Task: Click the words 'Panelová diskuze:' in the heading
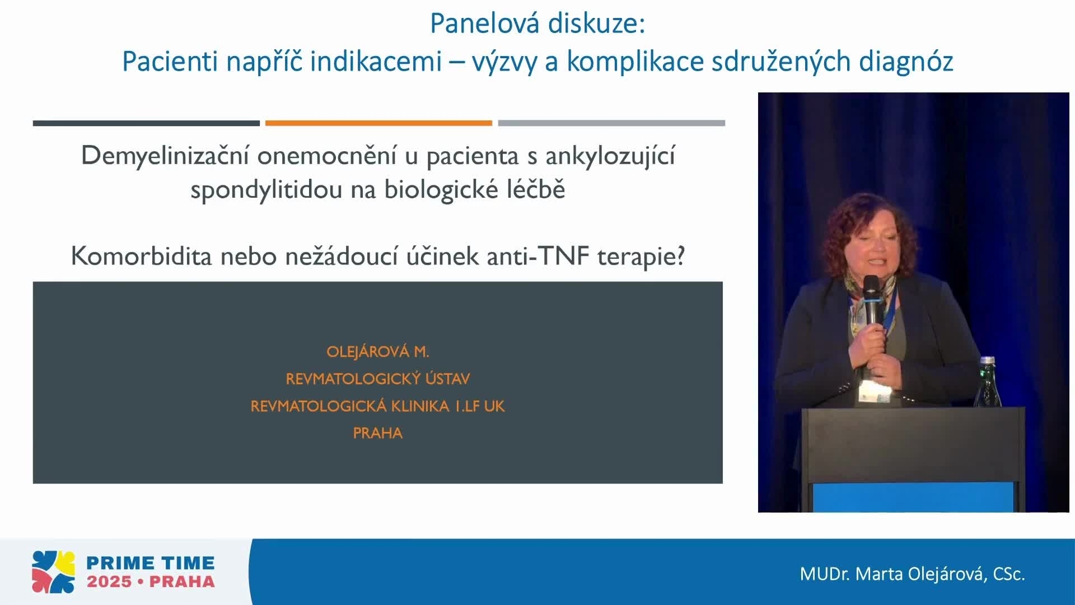pyautogui.click(x=537, y=24)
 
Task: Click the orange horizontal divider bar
pyautogui.click(x=378, y=123)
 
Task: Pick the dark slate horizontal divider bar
pyautogui.click(x=146, y=123)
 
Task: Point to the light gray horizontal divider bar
pyautogui.click(x=611, y=123)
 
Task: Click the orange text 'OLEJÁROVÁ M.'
pyautogui.click(x=377, y=352)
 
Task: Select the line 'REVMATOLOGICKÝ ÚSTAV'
pyautogui.click(x=377, y=379)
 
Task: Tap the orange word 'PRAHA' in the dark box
pyautogui.click(x=377, y=433)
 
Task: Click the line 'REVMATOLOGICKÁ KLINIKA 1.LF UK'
pyautogui.click(x=377, y=406)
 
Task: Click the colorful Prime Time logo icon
pyautogui.click(x=53, y=572)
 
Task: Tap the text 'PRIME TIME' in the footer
pyautogui.click(x=150, y=562)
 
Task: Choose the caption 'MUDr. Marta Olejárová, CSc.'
pyautogui.click(x=912, y=574)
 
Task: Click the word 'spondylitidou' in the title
pyautogui.click(x=266, y=189)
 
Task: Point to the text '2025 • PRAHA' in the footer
pyautogui.click(x=150, y=581)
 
